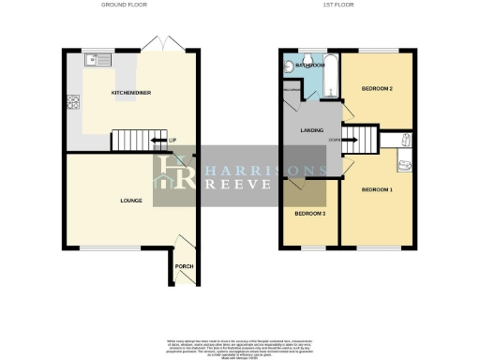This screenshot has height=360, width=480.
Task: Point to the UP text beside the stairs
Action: coord(172,142)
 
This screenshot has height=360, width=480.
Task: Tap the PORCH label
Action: coord(184,266)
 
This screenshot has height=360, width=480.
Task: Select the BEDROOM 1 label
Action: coord(377,190)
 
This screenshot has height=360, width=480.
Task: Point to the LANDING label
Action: coord(311,131)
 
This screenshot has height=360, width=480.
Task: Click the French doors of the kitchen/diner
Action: coord(154,44)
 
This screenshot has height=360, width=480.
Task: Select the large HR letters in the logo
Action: coord(174,174)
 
